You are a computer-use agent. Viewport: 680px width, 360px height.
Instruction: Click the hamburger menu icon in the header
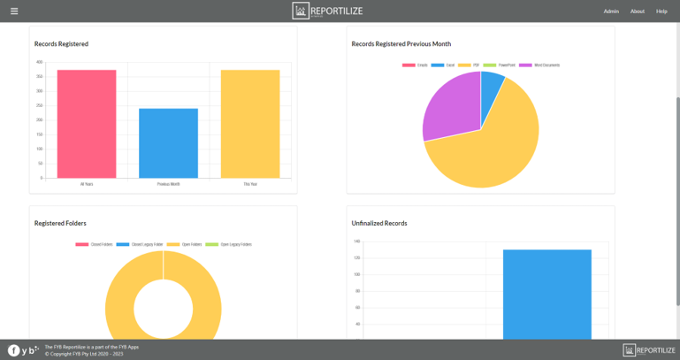14,11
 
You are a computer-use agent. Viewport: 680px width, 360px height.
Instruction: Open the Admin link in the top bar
611,11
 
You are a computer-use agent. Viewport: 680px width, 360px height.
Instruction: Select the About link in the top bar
637,11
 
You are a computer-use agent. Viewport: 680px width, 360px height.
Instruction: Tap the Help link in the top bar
661,11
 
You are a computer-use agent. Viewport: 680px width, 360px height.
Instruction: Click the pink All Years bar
87,124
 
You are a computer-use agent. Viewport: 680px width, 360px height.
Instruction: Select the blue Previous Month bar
168,143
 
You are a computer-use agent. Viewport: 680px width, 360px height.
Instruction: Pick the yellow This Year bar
250,124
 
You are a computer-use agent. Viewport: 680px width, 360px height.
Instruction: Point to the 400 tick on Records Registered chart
39,63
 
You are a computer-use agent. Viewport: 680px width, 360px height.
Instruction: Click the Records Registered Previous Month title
401,43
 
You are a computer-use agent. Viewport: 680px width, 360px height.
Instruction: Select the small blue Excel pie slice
491,84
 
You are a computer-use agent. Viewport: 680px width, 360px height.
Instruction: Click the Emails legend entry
416,65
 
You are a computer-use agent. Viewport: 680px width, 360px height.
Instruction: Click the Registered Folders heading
60,223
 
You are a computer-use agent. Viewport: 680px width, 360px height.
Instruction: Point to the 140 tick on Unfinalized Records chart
356,241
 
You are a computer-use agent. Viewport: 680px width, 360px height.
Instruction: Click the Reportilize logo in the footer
649,350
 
